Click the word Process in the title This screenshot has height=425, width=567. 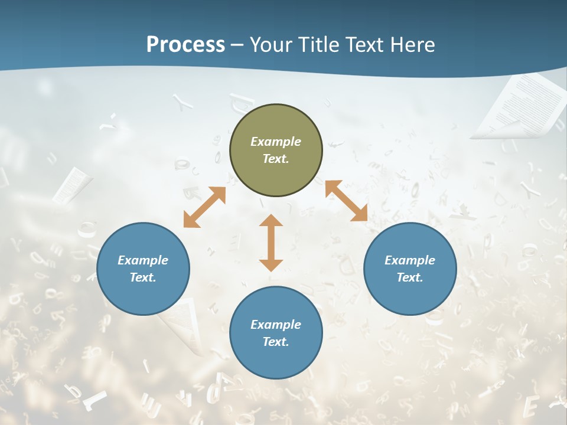click(x=185, y=44)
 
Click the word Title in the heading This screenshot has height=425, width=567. click(x=321, y=44)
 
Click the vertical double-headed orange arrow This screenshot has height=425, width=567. click(x=271, y=243)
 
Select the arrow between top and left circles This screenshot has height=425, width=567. click(x=204, y=207)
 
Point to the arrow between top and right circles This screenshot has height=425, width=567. click(x=346, y=201)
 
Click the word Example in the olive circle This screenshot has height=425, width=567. click(x=276, y=142)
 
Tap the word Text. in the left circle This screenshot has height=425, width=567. click(x=143, y=277)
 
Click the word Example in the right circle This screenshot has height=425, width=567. click(x=410, y=260)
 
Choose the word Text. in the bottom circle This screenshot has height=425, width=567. click(x=276, y=342)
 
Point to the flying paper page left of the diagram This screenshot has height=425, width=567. click(x=72, y=185)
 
